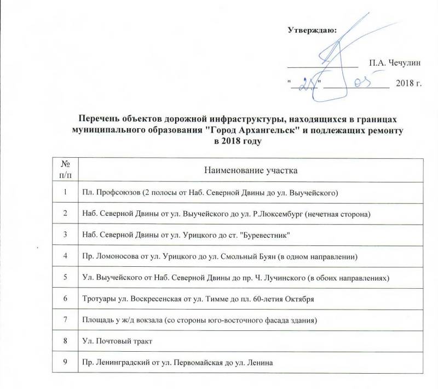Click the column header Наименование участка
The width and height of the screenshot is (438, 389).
point(251,170)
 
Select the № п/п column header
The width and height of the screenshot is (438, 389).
point(65,170)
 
